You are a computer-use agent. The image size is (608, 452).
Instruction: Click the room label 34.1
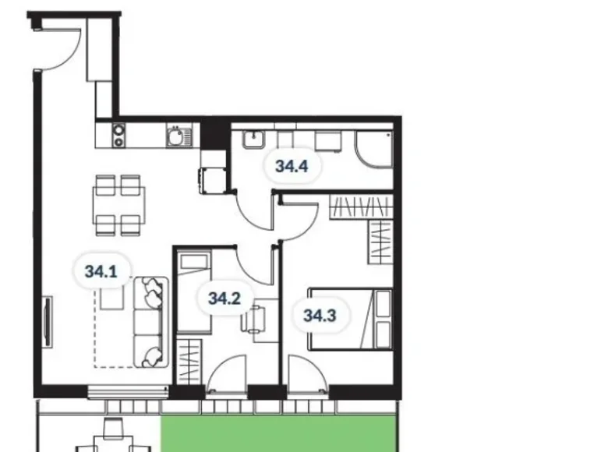point(101,272)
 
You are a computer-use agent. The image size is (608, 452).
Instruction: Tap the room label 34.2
point(223,297)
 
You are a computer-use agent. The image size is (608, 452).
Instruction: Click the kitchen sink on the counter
point(177,137)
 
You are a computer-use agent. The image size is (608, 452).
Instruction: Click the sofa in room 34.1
point(150,320)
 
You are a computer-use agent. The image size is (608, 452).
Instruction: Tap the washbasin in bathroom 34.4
point(253,139)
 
